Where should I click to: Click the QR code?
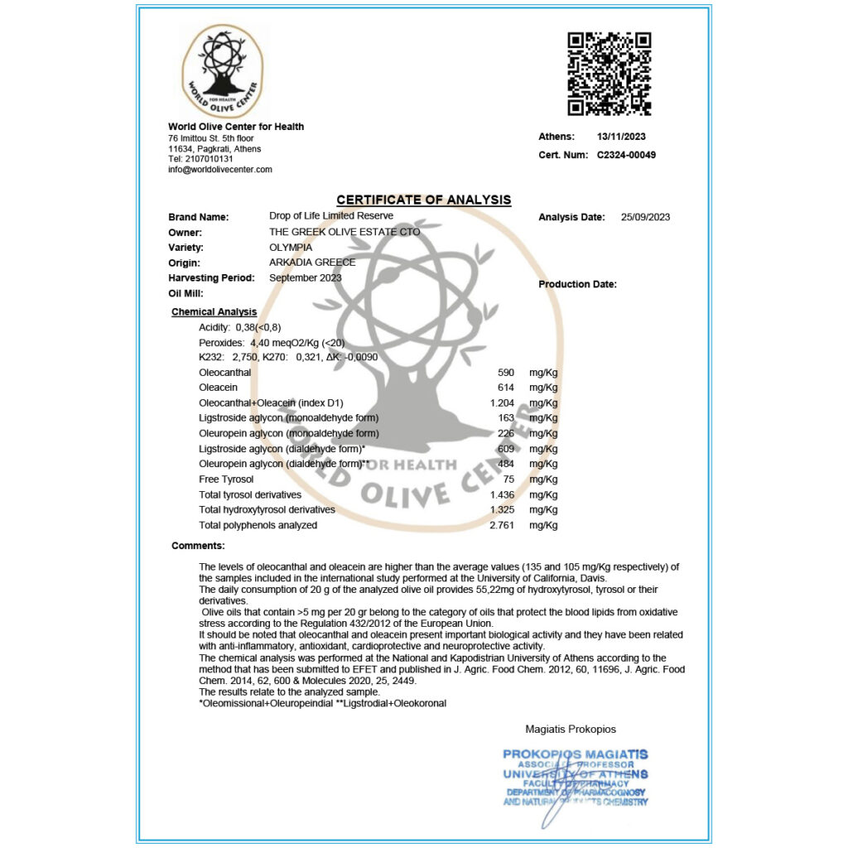click(609, 74)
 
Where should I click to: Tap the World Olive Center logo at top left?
click(222, 70)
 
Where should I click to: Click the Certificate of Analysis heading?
click(423, 200)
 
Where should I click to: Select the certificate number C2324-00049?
click(626, 155)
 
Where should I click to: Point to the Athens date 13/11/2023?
click(621, 137)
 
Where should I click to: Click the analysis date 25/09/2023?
click(645, 218)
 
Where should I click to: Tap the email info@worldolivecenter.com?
click(220, 170)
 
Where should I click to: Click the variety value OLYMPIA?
click(291, 248)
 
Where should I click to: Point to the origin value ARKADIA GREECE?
click(312, 263)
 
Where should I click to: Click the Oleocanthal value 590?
click(506, 373)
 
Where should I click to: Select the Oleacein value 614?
click(506, 388)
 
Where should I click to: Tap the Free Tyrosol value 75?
click(508, 479)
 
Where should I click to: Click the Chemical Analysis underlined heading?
click(214, 312)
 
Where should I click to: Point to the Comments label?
click(198, 546)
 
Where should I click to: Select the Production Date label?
click(577, 285)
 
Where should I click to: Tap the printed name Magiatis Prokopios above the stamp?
click(571, 730)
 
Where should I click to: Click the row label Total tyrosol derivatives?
click(250, 494)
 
